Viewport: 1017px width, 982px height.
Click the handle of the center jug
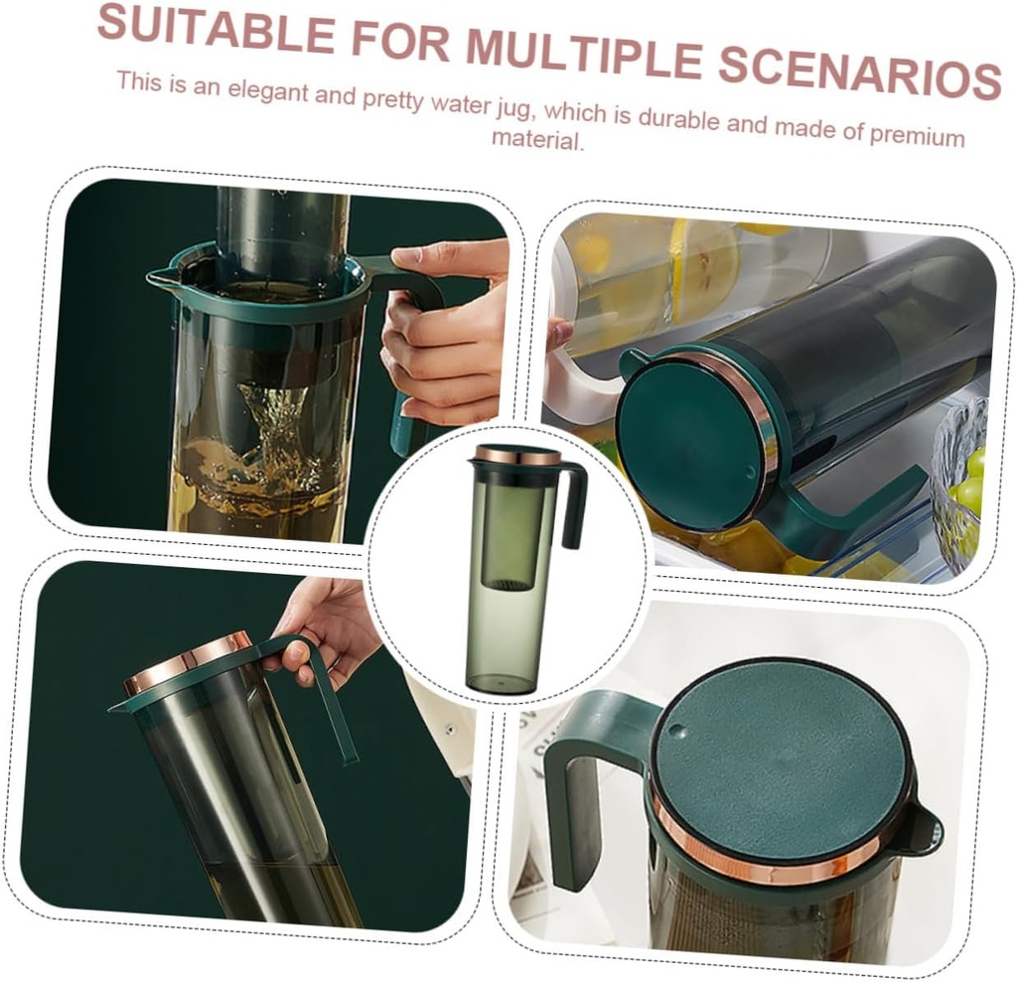(x=573, y=506)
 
